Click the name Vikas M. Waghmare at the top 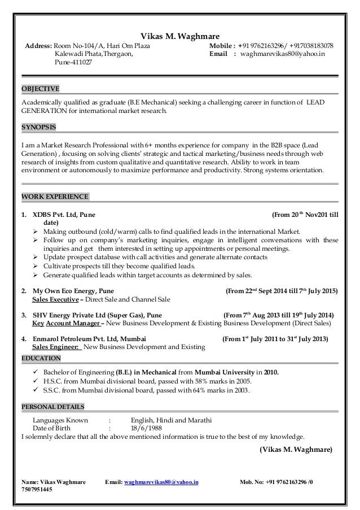coord(180,35)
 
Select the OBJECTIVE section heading coord(39,89)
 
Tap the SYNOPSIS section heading coord(38,127)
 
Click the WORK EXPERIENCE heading coord(54,197)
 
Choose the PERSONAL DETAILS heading coord(52,406)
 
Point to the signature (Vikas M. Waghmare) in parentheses coord(296,450)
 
